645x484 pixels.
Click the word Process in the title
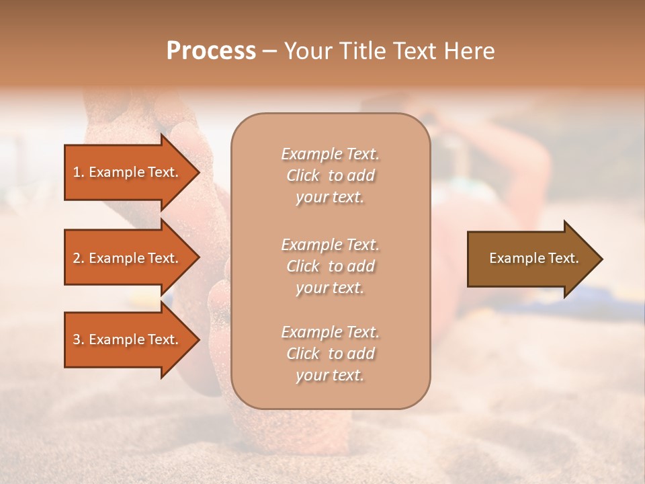click(x=211, y=51)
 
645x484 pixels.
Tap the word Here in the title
click(x=470, y=51)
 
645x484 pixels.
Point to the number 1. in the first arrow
click(x=79, y=172)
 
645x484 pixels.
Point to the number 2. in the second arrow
click(x=79, y=258)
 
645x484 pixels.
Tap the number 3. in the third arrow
click(x=79, y=339)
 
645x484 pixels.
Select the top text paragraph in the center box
click(x=330, y=175)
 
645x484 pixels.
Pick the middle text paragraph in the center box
click(x=330, y=266)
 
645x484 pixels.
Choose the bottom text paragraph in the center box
click(x=330, y=354)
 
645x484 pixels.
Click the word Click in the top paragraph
click(x=303, y=175)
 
